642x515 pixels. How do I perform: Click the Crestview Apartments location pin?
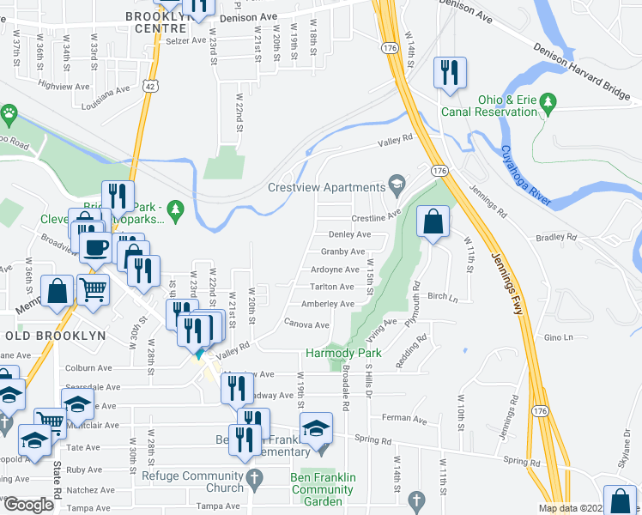tap(397, 184)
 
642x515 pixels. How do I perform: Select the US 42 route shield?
tap(151, 86)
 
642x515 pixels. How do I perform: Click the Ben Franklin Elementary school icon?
tap(315, 428)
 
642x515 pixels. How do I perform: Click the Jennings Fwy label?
tap(506, 283)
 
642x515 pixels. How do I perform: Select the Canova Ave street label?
tap(306, 325)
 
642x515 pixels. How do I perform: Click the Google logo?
tap(28, 505)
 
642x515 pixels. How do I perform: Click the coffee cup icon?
tap(94, 245)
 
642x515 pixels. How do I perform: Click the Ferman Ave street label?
tap(405, 420)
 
